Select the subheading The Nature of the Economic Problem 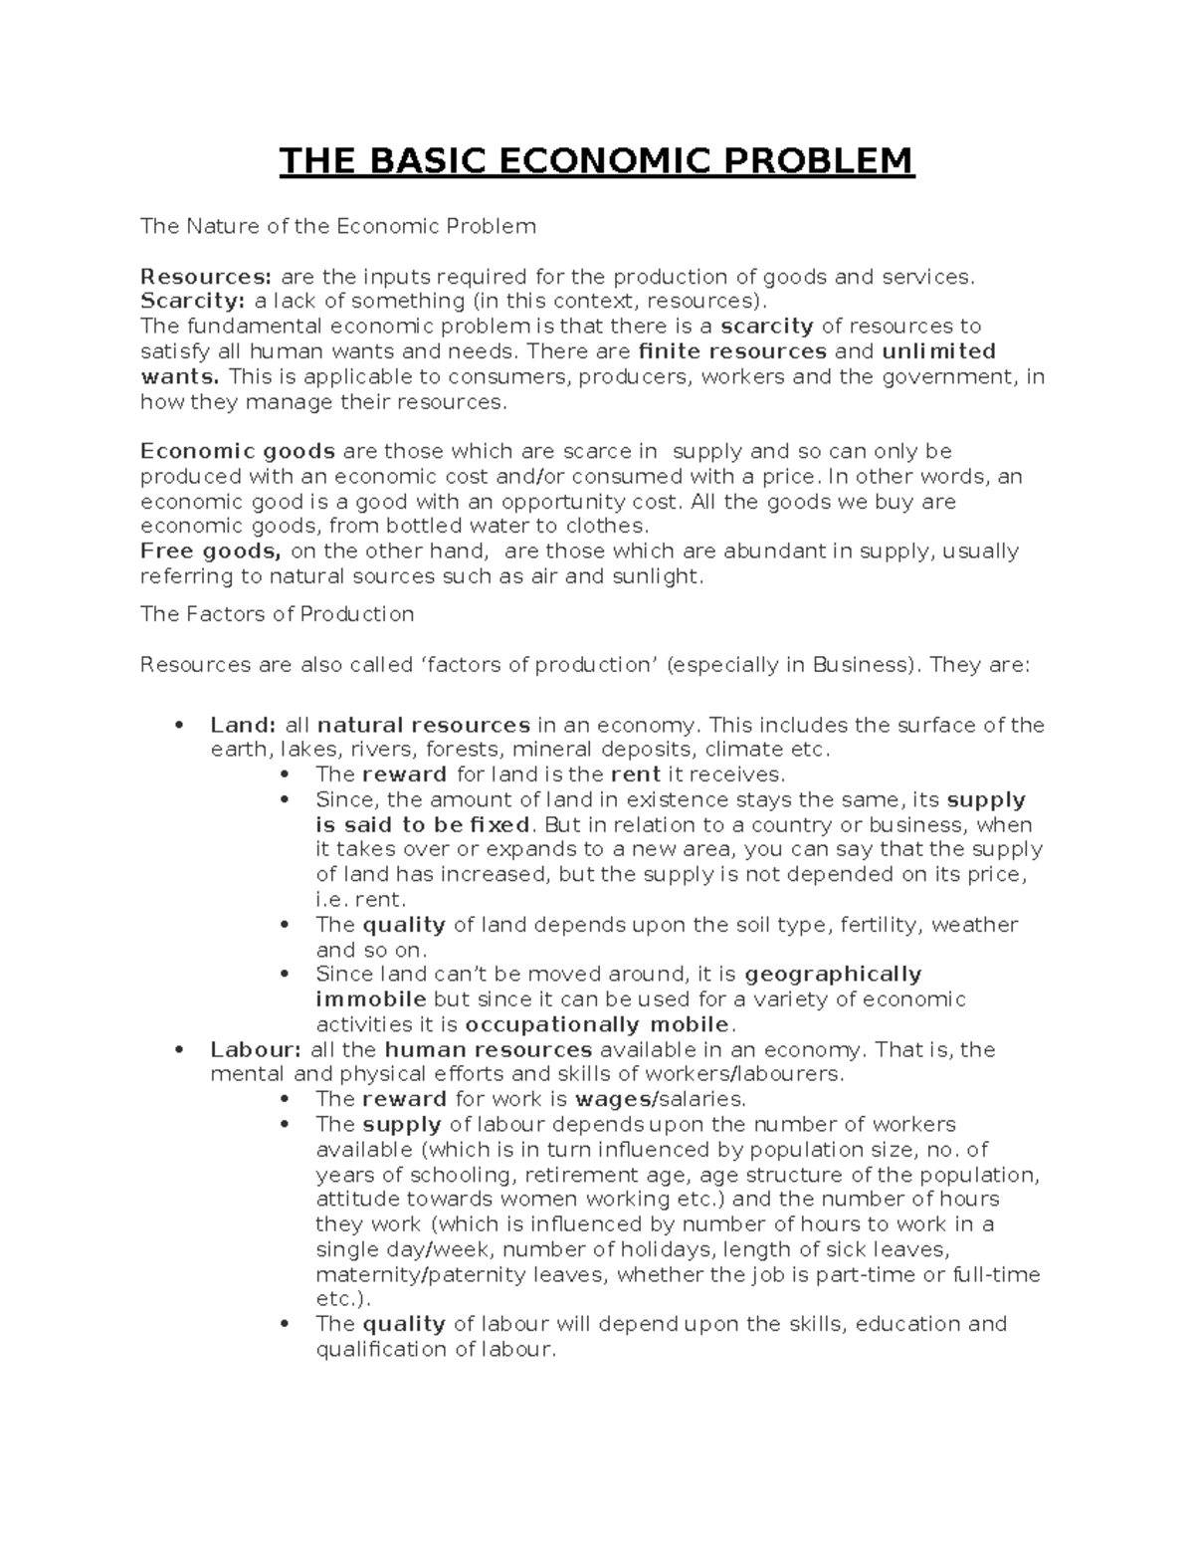pyautogui.click(x=338, y=226)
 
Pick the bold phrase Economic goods pyautogui.click(x=238, y=451)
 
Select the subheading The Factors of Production pyautogui.click(x=277, y=614)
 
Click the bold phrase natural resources pyautogui.click(x=423, y=725)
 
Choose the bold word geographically pyautogui.click(x=833, y=974)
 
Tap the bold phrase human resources pyautogui.click(x=488, y=1049)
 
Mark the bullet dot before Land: pyautogui.click(x=179, y=725)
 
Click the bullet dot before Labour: pyautogui.click(x=179, y=1049)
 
